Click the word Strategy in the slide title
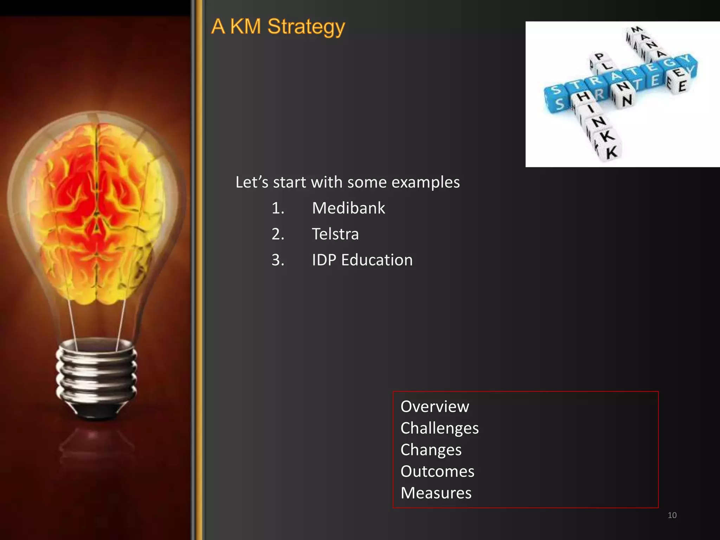click(306, 27)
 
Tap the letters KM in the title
click(245, 27)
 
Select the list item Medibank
click(348, 208)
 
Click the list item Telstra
click(335, 234)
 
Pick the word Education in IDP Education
click(377, 260)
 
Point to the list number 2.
click(277, 234)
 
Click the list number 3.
click(277, 260)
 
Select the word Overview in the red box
click(435, 406)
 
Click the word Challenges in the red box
click(439, 428)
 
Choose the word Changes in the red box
click(431, 450)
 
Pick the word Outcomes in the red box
click(437, 471)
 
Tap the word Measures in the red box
click(436, 493)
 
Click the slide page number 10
click(672, 515)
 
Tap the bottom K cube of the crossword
click(611, 152)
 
